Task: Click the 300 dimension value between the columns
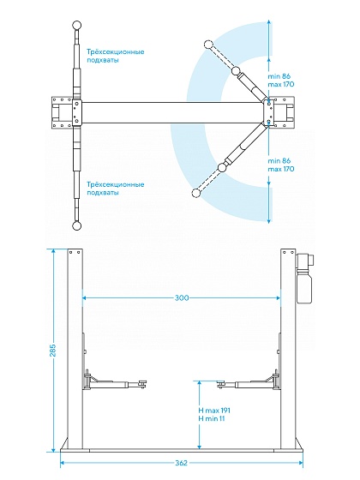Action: [182, 297]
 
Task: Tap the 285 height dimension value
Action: [52, 351]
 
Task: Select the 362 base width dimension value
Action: [181, 463]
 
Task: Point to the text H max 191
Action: [214, 411]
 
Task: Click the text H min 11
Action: [212, 418]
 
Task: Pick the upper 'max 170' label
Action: [281, 84]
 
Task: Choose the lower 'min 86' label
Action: [279, 161]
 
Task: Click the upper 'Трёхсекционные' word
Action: [116, 51]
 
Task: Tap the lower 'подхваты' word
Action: [103, 193]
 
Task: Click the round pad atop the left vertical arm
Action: [76, 25]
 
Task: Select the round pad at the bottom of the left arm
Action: [76, 226]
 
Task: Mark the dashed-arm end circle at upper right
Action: [207, 45]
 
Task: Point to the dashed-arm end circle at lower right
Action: [195, 193]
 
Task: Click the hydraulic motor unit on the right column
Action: [303, 278]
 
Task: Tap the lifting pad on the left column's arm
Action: [142, 384]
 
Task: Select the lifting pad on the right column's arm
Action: [221, 384]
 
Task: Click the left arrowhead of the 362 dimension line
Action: [62, 463]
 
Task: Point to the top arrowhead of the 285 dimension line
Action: [53, 251]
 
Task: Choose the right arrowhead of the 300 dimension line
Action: [279, 297]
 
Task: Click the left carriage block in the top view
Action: [76, 112]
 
